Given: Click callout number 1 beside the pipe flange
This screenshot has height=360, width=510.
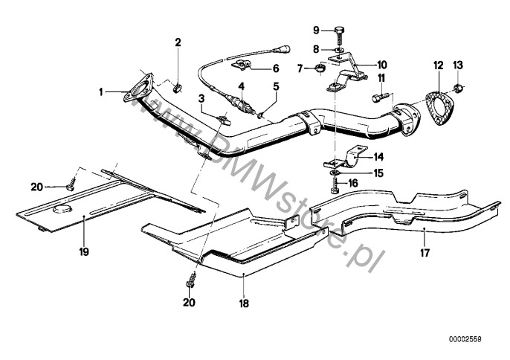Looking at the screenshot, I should point(101,92).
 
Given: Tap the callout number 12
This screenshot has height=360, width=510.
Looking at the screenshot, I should point(437,65).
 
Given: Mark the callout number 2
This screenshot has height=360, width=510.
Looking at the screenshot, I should point(178,42).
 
